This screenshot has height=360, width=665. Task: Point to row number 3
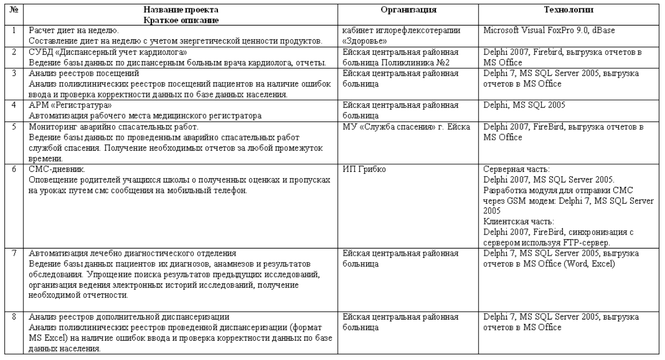click(13, 73)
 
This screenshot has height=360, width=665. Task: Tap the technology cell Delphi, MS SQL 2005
click(519, 104)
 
